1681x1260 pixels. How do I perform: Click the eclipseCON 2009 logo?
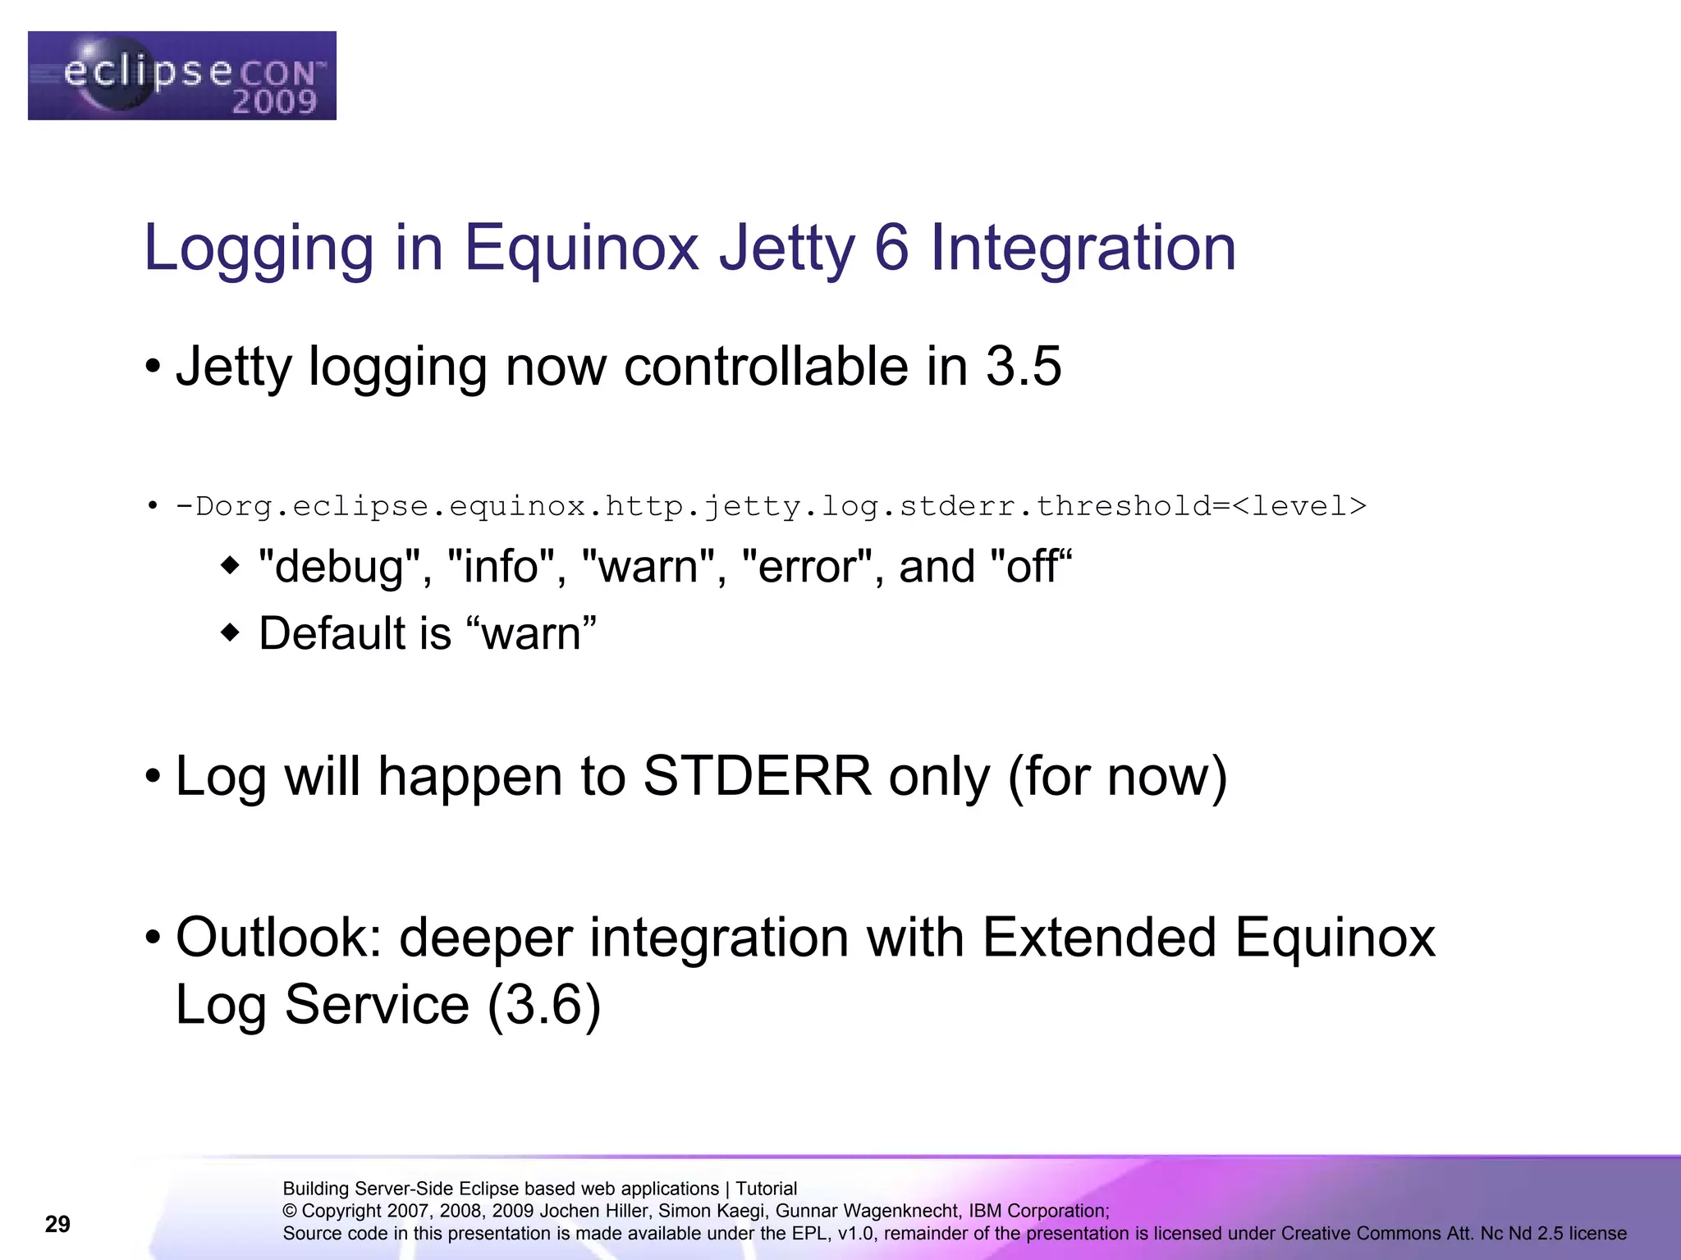[x=181, y=75]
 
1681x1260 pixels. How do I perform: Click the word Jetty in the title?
[x=786, y=248]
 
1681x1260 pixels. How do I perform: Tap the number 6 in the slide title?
[x=891, y=248]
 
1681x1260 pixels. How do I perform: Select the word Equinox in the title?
[x=581, y=248]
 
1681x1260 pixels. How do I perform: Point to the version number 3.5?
[x=1023, y=366]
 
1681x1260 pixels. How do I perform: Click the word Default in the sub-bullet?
[x=332, y=633]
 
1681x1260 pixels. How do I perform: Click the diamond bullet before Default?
[x=231, y=632]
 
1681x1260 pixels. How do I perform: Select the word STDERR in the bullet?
[x=757, y=776]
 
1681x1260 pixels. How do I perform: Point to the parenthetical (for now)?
[x=1117, y=776]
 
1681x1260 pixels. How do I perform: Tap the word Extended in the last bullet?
[x=1099, y=937]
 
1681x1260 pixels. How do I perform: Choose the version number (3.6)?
[x=544, y=1004]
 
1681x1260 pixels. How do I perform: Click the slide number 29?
[x=57, y=1224]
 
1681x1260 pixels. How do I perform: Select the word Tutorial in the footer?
[x=766, y=1189]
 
